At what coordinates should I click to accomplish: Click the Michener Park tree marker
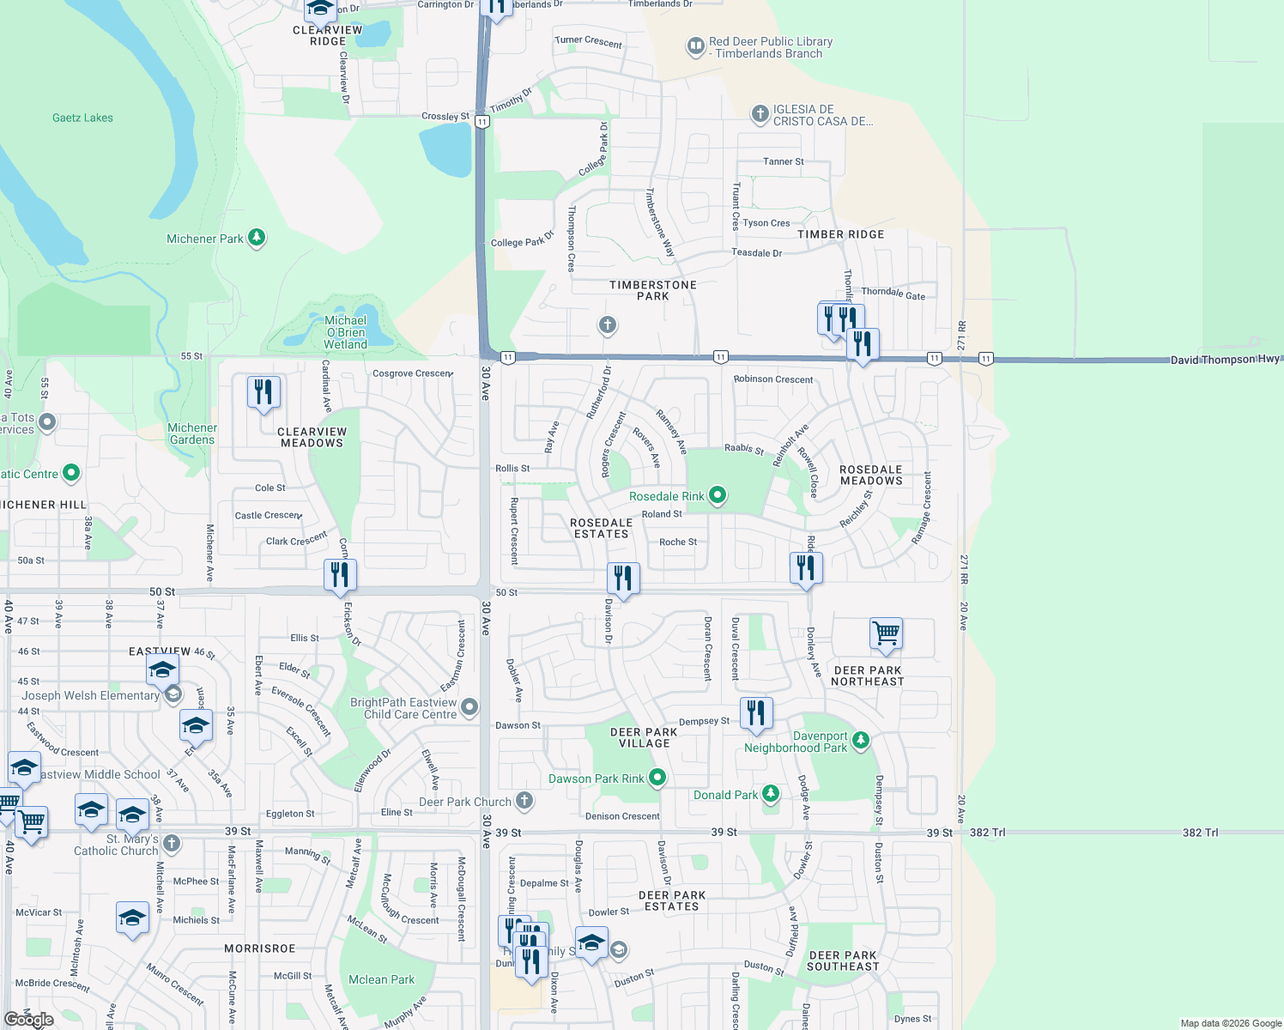pyautogui.click(x=257, y=238)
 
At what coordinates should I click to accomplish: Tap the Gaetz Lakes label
pyautogui.click(x=82, y=118)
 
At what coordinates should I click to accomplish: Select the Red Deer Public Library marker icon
pyautogui.click(x=695, y=46)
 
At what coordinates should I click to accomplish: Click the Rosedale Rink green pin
pyautogui.click(x=718, y=495)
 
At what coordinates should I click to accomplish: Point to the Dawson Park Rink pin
pyautogui.click(x=657, y=778)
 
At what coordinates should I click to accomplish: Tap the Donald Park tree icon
pyautogui.click(x=771, y=794)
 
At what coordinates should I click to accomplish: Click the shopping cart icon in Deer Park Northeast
pyautogui.click(x=886, y=634)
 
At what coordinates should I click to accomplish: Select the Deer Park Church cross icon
pyautogui.click(x=524, y=801)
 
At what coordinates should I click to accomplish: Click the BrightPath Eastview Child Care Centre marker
pyautogui.click(x=469, y=707)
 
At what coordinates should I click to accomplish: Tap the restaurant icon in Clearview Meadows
pyautogui.click(x=263, y=392)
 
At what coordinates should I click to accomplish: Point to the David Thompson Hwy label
pyautogui.click(x=1225, y=360)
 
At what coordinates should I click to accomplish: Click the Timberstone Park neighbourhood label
pyautogui.click(x=653, y=290)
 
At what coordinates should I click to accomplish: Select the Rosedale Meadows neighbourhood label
pyautogui.click(x=871, y=476)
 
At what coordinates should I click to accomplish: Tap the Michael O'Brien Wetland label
pyautogui.click(x=345, y=332)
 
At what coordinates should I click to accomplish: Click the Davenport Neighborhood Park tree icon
pyautogui.click(x=861, y=739)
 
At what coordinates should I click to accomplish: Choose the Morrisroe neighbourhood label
pyautogui.click(x=259, y=948)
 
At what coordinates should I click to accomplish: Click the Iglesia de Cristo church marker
pyautogui.click(x=760, y=114)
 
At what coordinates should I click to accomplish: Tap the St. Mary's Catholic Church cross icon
pyautogui.click(x=172, y=843)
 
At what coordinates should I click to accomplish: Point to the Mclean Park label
pyautogui.click(x=381, y=979)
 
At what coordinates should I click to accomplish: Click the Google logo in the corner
pyautogui.click(x=29, y=1020)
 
